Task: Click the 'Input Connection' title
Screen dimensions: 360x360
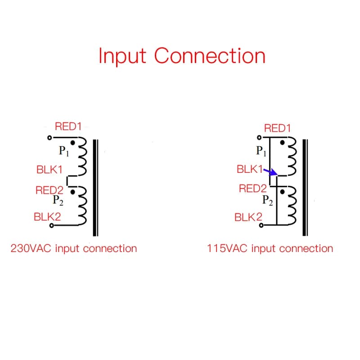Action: [x=182, y=56]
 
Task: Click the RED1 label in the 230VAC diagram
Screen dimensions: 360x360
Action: [x=68, y=126]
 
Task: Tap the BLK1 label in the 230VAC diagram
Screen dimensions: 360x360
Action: [x=49, y=170]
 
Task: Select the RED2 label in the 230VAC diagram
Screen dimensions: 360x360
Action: [x=49, y=190]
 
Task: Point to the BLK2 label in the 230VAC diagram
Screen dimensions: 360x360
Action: [x=47, y=217]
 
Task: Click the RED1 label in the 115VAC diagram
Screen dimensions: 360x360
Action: [x=277, y=128]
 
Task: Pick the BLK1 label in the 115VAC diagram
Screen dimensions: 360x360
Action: [x=250, y=169]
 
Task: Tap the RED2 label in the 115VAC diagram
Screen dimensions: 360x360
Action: [x=253, y=189]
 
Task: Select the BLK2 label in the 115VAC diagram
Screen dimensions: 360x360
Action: [x=248, y=217]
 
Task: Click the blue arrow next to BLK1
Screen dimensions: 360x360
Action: [x=270, y=172]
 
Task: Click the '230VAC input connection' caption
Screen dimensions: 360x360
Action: [x=74, y=249]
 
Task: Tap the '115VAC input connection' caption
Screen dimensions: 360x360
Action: [x=270, y=249]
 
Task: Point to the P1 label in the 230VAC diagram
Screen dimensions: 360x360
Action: [x=64, y=151]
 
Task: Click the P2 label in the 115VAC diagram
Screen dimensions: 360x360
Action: [x=267, y=200]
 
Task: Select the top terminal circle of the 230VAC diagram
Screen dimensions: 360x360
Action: [x=49, y=138]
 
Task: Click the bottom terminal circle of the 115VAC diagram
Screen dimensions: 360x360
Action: [x=261, y=225]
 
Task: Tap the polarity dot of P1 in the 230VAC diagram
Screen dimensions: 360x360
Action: [x=73, y=143]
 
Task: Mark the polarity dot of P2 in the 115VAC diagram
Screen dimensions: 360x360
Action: [x=283, y=192]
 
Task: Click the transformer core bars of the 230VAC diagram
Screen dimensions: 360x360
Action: [x=95, y=188]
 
